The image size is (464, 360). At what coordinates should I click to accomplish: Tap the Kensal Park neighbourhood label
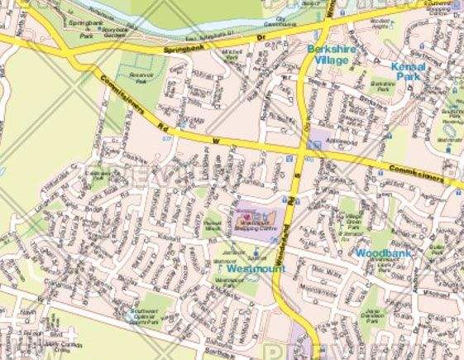pos(409,70)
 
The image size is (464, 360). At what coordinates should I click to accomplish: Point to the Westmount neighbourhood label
pos(252,269)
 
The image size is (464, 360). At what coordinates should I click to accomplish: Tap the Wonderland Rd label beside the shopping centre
pos(295,207)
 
